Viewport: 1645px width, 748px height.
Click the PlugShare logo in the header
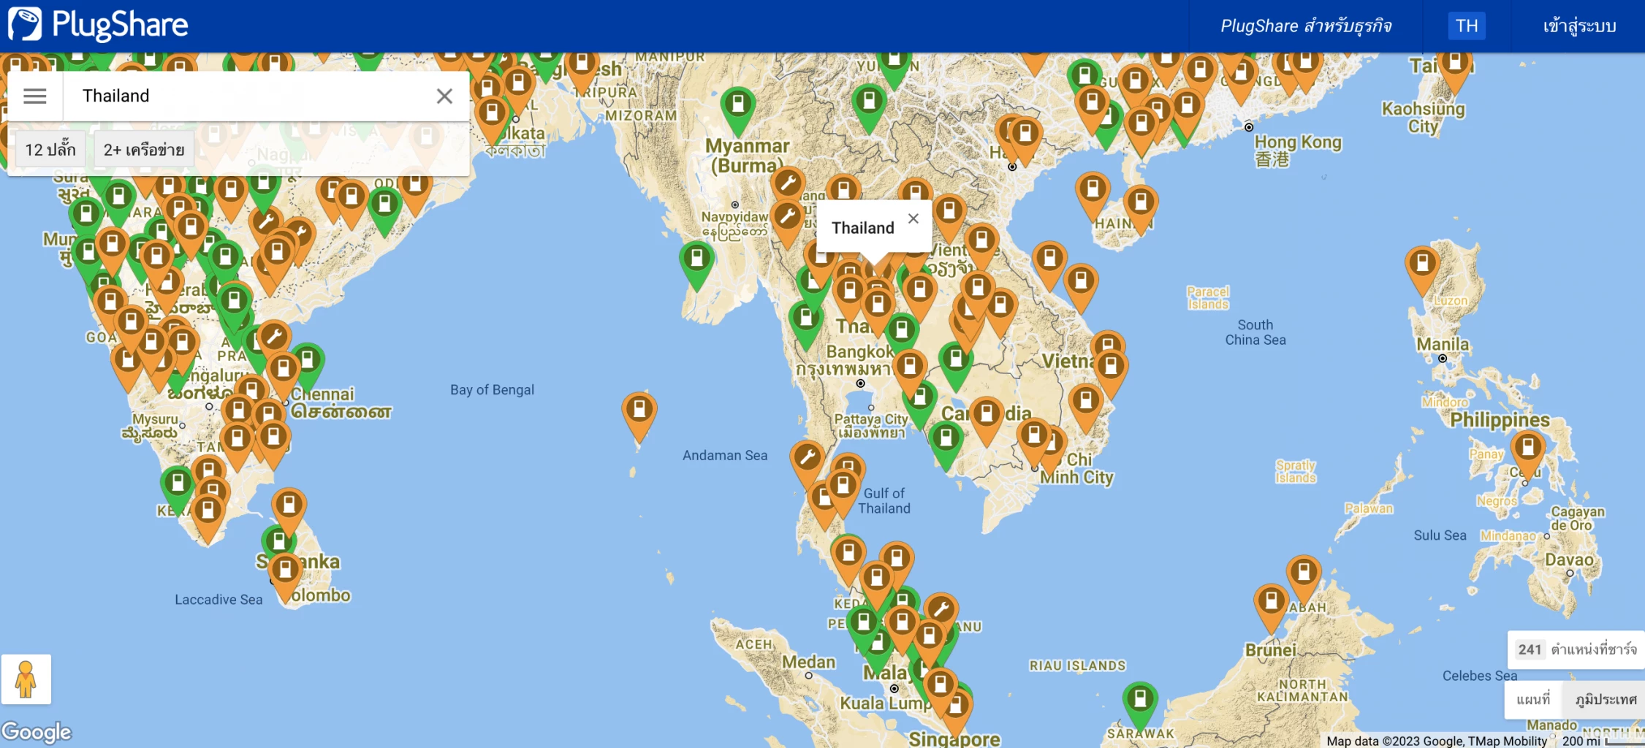point(99,25)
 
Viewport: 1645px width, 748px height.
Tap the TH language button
point(1466,26)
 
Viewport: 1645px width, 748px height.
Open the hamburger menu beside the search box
point(34,96)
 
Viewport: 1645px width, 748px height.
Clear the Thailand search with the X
point(444,96)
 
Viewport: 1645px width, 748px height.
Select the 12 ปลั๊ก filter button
point(50,150)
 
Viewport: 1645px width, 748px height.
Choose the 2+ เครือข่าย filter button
point(144,150)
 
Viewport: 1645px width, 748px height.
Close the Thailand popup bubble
point(913,218)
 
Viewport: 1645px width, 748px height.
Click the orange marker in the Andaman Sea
point(639,411)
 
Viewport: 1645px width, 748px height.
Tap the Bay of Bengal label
point(492,390)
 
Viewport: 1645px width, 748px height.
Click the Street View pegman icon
point(26,679)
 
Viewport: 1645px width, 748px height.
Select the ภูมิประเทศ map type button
point(1606,700)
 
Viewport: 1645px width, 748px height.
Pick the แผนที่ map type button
point(1533,700)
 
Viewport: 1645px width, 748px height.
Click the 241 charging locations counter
point(1576,649)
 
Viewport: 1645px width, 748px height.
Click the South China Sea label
point(1255,332)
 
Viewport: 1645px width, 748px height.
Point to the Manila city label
point(1442,344)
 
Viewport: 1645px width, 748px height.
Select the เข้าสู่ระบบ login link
point(1578,26)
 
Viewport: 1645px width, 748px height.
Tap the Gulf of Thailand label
point(884,501)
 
